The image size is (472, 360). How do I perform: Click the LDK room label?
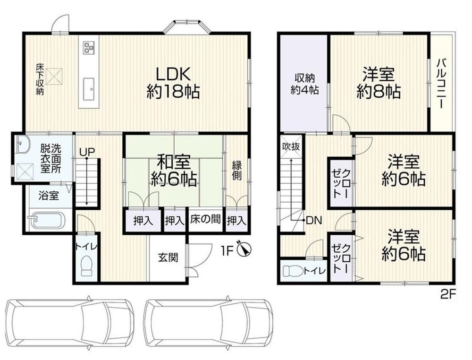pyautogui.click(x=173, y=83)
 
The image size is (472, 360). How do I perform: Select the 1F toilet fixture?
pyautogui.click(x=87, y=266)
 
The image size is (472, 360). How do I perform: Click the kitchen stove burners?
pyautogui.click(x=89, y=47)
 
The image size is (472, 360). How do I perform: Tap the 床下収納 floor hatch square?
pyautogui.click(x=54, y=77)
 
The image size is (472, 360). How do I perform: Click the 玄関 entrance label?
pyautogui.click(x=168, y=257)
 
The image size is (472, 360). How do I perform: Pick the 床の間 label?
pyautogui.click(x=205, y=220)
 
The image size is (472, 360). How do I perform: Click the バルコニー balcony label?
pyautogui.click(x=441, y=84)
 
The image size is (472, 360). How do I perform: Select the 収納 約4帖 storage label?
pyautogui.click(x=304, y=84)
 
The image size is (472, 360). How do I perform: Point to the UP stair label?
pyautogui.click(x=87, y=152)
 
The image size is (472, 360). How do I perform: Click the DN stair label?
pyautogui.click(x=314, y=221)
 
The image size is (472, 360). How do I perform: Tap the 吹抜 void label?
pyautogui.click(x=291, y=146)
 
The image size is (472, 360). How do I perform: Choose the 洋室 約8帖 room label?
pyautogui.click(x=379, y=83)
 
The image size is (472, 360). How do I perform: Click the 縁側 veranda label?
pyautogui.click(x=236, y=171)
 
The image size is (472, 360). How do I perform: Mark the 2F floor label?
pyautogui.click(x=448, y=294)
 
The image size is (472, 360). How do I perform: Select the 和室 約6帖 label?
pyautogui.click(x=174, y=171)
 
